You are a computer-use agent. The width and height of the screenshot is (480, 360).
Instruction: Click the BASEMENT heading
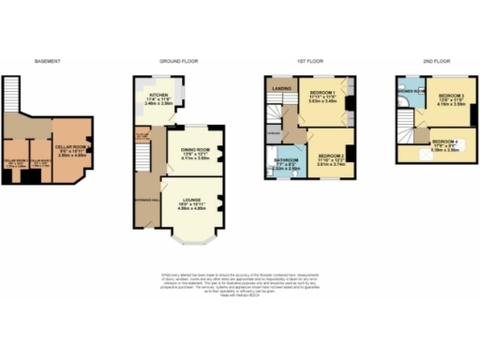48,62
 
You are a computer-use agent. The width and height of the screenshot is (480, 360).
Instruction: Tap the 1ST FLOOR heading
308,62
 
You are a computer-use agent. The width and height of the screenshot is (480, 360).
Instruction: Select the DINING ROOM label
188,148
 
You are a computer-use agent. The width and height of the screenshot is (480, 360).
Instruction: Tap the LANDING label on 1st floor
279,90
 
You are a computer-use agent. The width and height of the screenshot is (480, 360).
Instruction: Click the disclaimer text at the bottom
240,282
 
